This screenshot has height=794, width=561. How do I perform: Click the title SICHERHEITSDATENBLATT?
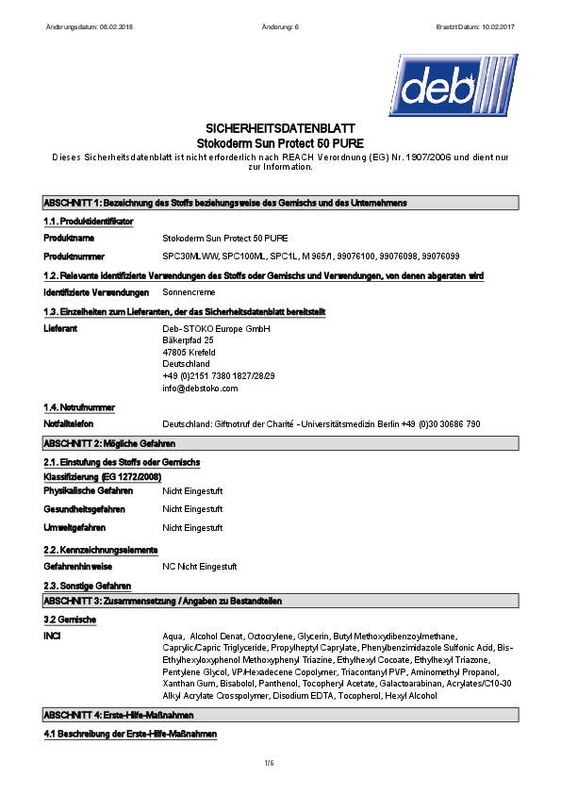[280, 127]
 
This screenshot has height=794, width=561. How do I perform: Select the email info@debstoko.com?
[200, 388]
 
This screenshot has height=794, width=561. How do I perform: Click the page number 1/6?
[280, 762]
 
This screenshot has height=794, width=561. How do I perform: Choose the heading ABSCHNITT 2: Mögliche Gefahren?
[109, 442]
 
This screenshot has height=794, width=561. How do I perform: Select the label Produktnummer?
[74, 256]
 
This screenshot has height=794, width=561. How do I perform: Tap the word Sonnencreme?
[189, 292]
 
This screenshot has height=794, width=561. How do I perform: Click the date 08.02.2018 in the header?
[113, 25]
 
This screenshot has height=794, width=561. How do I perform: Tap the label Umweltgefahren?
[74, 527]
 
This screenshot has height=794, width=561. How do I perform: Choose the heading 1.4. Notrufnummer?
[79, 406]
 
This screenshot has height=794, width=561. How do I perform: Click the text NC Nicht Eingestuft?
[200, 567]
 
